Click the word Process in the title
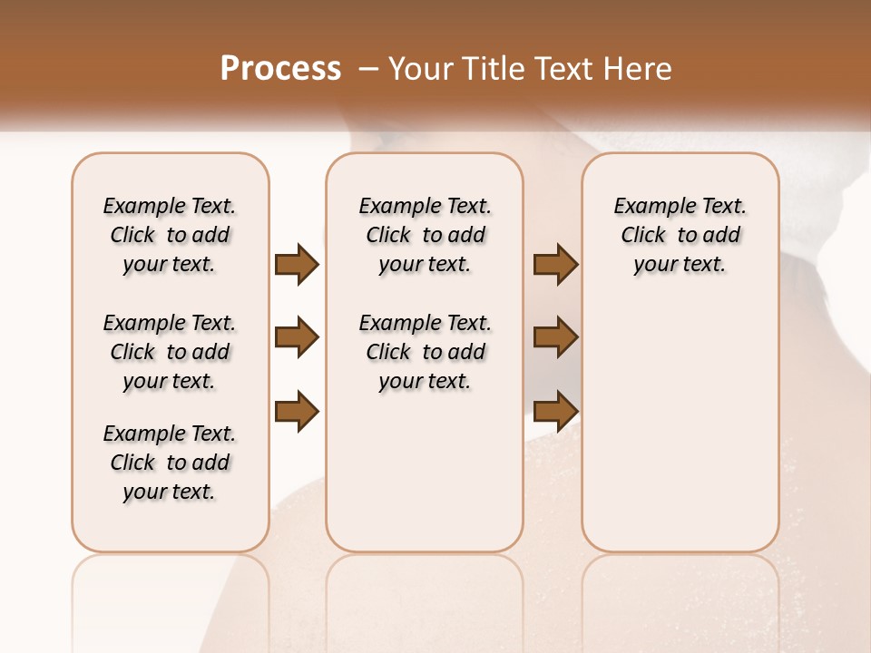280,69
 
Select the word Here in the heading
639,69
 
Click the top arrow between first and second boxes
297,264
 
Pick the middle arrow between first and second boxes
297,338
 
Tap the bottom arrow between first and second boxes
297,411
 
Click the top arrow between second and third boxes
556,264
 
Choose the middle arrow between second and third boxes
556,338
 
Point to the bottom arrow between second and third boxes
556,411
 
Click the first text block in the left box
170,235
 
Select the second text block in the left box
170,352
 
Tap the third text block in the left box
170,463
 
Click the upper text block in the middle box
426,235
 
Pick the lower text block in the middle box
426,352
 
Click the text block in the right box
680,235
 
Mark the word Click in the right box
643,236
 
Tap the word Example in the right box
654,207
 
